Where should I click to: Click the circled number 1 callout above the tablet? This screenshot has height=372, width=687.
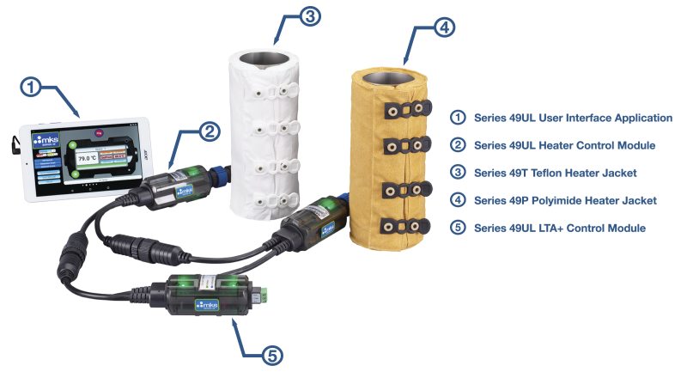coord(32,87)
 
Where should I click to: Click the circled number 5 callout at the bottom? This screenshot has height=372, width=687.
coord(271,353)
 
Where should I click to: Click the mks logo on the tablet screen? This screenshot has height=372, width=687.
coord(43,141)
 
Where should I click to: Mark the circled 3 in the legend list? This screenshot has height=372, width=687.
coord(458,173)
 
